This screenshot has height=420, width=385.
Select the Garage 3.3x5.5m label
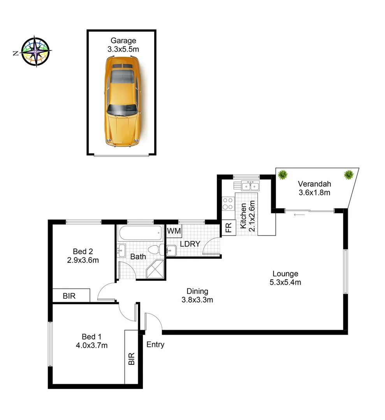click(x=123, y=45)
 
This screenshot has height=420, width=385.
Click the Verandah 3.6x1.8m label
click(x=314, y=188)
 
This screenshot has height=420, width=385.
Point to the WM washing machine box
click(x=174, y=231)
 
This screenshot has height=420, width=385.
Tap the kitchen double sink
click(x=251, y=186)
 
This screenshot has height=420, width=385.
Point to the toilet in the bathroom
click(x=156, y=250)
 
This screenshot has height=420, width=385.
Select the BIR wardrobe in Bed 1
click(x=131, y=358)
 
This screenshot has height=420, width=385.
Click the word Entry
click(x=155, y=345)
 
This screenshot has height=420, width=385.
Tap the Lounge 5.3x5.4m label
click(x=285, y=278)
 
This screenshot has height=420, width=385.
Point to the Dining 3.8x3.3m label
click(x=197, y=295)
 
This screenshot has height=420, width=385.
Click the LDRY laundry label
click(x=190, y=244)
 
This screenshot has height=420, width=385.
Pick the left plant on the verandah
click(x=283, y=175)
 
